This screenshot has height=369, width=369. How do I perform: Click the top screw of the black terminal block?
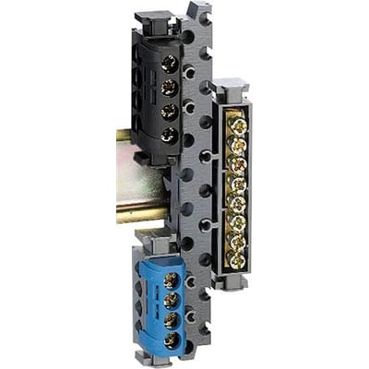(x=170, y=65)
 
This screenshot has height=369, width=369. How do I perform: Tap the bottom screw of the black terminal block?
(x=170, y=135)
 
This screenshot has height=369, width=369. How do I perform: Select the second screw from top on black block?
(x=170, y=89)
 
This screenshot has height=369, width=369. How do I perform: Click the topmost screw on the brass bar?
(x=238, y=122)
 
